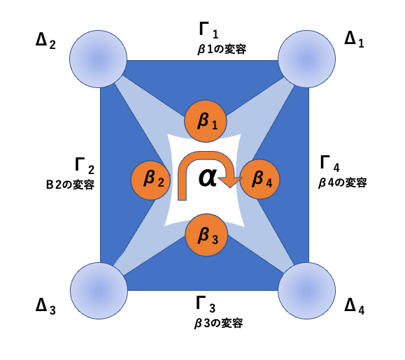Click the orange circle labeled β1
(x=206, y=122)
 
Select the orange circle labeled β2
(x=151, y=180)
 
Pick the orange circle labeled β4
(x=260, y=179)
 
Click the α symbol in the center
(x=208, y=178)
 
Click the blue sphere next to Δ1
(x=306, y=59)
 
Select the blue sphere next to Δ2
(x=98, y=59)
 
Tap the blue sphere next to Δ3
(x=99, y=291)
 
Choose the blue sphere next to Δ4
(x=306, y=291)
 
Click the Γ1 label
(x=208, y=30)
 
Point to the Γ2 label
(x=85, y=166)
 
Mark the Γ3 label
(x=206, y=304)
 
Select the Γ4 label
(x=330, y=164)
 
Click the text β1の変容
(x=222, y=50)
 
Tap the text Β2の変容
(x=70, y=185)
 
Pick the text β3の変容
(x=218, y=323)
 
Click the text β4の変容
(x=343, y=182)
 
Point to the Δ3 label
(x=45, y=306)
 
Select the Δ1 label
(x=355, y=40)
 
